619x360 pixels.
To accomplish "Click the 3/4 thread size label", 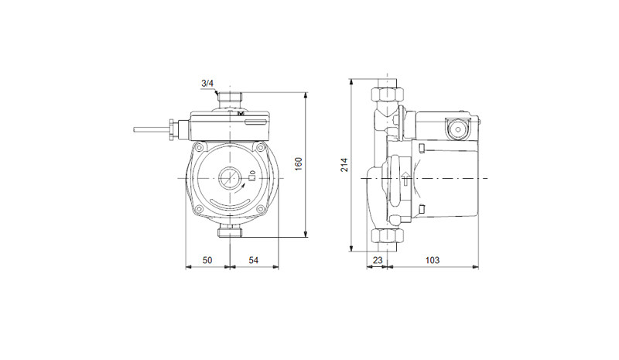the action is tap(207, 84).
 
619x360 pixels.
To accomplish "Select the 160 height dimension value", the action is tap(299, 163).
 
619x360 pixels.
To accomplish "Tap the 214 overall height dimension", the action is tap(344, 164).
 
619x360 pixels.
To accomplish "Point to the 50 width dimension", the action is tap(207, 260).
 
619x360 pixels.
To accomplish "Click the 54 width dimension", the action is tap(254, 260).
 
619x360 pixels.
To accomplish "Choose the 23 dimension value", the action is tap(378, 260).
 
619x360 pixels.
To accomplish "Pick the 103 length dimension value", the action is tap(433, 260).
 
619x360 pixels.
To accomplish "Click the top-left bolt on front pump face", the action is tap(200, 148).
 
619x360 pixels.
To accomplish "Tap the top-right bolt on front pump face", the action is tap(260, 148).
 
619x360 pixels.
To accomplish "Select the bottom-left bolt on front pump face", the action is tap(200, 209).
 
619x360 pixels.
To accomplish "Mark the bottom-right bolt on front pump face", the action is tap(260, 209).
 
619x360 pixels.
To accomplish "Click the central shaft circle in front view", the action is tap(229, 178).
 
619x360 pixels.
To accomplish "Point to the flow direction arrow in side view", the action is tap(405, 178).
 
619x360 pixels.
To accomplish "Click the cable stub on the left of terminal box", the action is tap(152, 129).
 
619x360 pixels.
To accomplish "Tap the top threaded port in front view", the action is tap(230, 98).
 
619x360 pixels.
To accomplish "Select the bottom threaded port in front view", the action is tap(230, 231).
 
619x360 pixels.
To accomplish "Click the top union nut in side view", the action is tap(388, 94).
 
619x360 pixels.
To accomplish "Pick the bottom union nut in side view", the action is tap(388, 236).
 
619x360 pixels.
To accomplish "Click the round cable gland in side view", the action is tap(457, 129).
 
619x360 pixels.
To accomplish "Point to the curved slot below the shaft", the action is tap(230, 202).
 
